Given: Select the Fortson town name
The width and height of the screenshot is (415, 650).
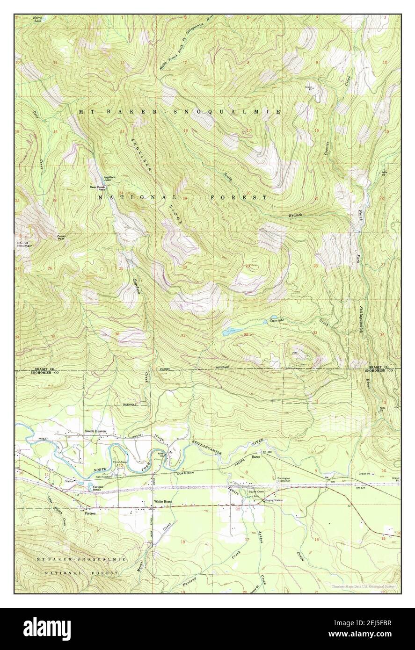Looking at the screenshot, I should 90,513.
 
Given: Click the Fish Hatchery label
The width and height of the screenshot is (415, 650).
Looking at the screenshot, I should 105,477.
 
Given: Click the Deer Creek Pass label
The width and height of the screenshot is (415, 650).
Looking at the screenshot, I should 97,188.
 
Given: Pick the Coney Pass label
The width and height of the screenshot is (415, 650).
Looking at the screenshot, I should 61,237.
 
